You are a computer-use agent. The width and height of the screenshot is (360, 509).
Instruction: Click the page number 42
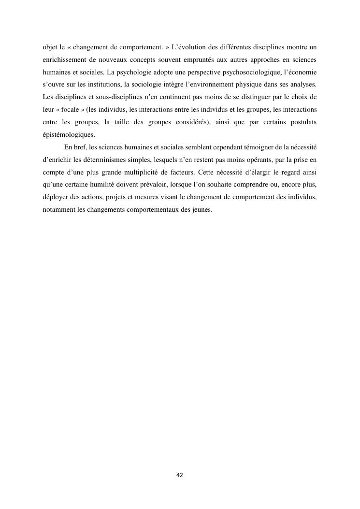(x=180, y=475)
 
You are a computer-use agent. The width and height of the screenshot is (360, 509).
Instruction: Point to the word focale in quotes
(x=70, y=110)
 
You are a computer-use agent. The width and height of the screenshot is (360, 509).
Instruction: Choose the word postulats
(x=302, y=122)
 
